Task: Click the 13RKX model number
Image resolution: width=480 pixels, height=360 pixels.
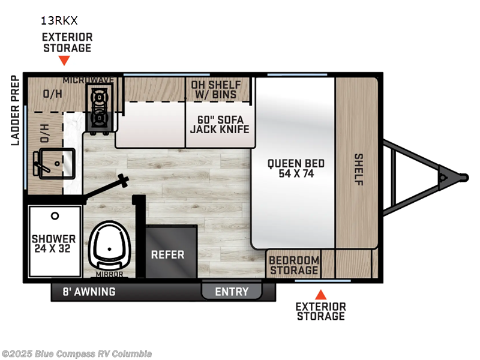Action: (59, 20)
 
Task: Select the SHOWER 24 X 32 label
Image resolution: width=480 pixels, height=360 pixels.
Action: (54, 243)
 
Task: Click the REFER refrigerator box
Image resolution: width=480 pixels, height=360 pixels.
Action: (167, 254)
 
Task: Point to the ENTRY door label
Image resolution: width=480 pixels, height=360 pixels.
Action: (232, 292)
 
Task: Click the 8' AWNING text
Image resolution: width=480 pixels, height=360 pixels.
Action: (89, 292)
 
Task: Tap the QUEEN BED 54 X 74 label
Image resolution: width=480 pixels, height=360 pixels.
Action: (296, 169)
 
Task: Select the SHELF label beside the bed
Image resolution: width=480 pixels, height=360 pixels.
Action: (358, 170)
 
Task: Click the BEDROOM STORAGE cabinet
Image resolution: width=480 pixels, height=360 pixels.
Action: (293, 265)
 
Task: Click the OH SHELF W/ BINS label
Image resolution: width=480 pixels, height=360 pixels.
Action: (216, 90)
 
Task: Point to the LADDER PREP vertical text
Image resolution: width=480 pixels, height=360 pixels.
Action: (16, 111)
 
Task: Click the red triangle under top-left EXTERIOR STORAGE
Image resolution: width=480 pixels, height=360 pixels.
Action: (64, 61)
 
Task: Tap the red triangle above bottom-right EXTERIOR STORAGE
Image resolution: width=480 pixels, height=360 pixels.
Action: (321, 294)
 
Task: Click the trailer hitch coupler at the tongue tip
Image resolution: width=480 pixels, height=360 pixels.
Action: (461, 177)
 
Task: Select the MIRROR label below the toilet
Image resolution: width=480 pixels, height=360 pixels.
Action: (109, 275)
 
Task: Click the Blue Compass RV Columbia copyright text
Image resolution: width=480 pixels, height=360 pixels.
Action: (76, 353)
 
